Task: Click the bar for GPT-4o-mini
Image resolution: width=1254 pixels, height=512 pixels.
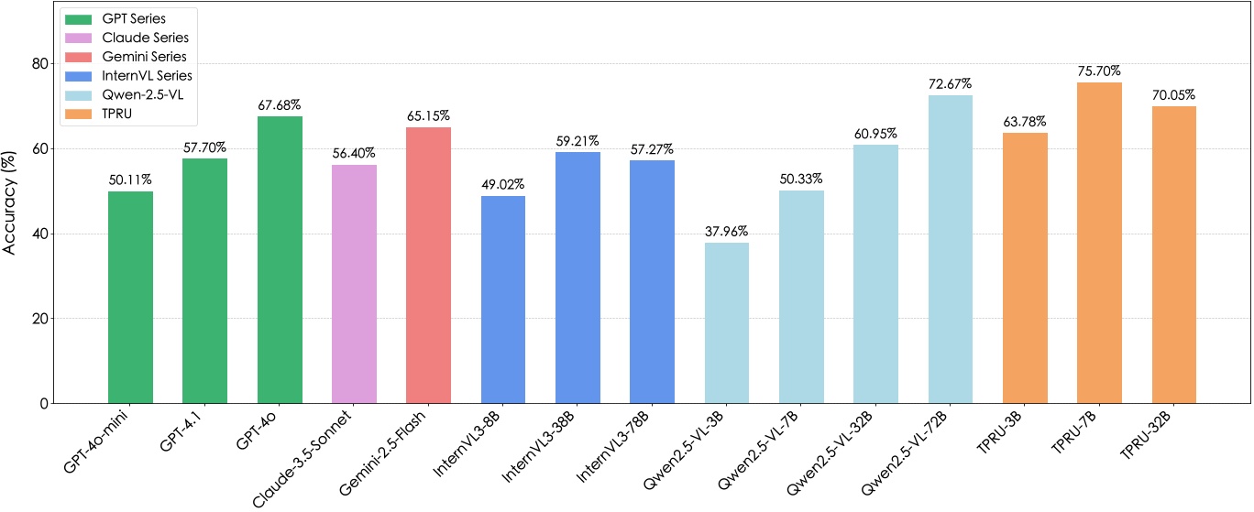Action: click(x=130, y=298)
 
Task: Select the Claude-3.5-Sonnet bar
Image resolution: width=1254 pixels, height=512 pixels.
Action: click(x=354, y=284)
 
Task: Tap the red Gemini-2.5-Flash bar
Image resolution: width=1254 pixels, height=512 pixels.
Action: click(x=428, y=266)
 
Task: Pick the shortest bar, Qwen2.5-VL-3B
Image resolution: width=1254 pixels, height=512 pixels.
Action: click(x=727, y=322)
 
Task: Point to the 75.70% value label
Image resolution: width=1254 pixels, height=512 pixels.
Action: click(x=1100, y=71)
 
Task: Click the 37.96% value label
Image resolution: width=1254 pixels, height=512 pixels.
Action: click(x=727, y=231)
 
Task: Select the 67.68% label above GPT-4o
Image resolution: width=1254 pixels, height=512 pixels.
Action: click(x=280, y=104)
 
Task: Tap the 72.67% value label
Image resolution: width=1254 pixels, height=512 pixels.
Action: click(x=951, y=83)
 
